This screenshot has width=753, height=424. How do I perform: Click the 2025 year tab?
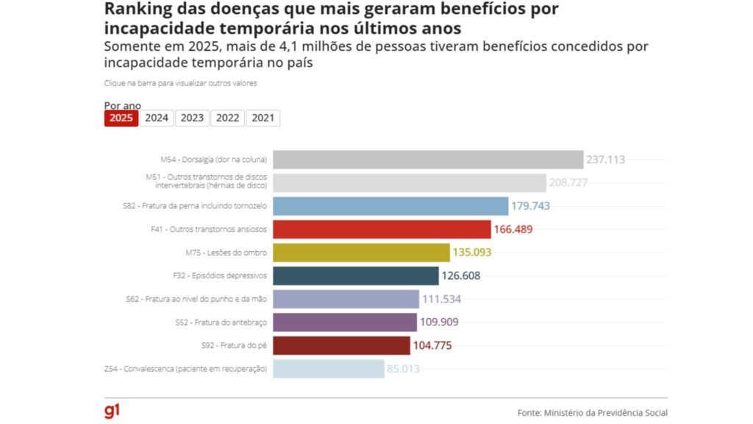(121, 118)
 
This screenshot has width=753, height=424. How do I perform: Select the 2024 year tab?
(157, 118)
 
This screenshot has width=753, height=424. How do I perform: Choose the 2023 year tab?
(192, 118)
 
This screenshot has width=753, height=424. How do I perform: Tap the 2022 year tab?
(227, 118)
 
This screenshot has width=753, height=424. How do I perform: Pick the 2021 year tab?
(263, 118)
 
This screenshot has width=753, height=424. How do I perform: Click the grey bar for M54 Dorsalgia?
(427, 160)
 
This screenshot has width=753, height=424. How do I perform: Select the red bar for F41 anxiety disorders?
(382, 229)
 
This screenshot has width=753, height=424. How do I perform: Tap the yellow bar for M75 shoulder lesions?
(361, 252)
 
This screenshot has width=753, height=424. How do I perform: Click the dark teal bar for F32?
(356, 275)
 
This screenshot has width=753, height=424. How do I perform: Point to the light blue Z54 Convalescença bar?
(328, 368)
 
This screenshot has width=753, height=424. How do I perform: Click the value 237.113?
(605, 160)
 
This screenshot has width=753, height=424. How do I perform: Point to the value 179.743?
(531, 206)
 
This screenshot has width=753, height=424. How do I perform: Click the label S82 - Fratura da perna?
(194, 206)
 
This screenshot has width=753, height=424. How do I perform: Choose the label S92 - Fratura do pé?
(233, 345)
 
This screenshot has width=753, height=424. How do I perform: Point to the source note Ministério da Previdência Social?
(593, 413)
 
